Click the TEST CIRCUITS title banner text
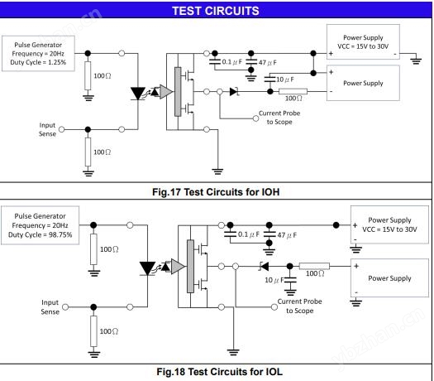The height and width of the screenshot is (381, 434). (x=216, y=11)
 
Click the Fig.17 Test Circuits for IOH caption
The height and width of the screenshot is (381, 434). (x=216, y=192)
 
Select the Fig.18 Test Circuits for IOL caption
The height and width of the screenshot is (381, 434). (x=220, y=372)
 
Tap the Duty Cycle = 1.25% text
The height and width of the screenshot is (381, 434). (x=38, y=62)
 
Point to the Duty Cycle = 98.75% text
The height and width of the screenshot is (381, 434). (x=41, y=235)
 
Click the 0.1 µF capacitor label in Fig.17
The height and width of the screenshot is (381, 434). (x=232, y=62)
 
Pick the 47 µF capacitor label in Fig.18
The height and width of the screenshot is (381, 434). (x=287, y=235)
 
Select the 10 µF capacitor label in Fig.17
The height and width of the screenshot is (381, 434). (x=285, y=80)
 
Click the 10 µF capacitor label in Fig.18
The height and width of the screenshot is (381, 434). (x=274, y=280)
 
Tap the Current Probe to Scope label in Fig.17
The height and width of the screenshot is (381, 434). (x=279, y=118)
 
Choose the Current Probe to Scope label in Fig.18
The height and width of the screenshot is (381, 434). (x=300, y=306)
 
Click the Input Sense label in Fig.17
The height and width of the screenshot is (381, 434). (x=47, y=129)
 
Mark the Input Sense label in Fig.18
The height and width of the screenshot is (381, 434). (x=50, y=307)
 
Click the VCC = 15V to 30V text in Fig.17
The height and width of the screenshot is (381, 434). (x=363, y=46)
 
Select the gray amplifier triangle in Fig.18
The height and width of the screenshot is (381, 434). (x=178, y=267)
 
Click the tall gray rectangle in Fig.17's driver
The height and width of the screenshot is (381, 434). (x=178, y=91)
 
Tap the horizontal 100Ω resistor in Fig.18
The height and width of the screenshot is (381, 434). (x=314, y=266)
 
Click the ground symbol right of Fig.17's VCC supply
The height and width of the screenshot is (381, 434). (x=416, y=60)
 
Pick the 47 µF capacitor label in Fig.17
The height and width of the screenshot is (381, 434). (x=268, y=63)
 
